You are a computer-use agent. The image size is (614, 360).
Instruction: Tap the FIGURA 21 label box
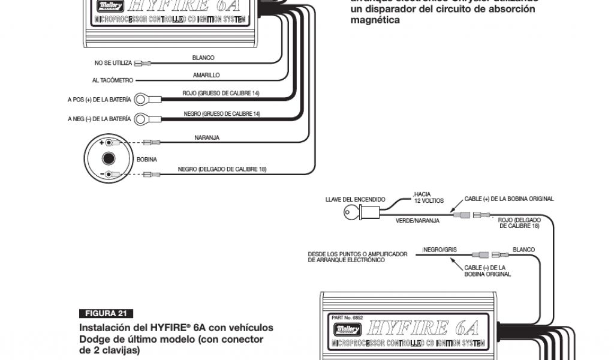[106, 314]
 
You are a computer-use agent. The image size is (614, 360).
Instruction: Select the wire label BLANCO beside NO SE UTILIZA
[203, 58]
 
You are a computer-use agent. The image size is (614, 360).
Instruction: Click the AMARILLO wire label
[206, 76]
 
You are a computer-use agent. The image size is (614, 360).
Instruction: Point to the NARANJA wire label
[207, 137]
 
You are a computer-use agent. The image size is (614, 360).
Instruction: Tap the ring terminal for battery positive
[142, 98]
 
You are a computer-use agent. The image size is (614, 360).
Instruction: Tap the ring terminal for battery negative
[142, 119]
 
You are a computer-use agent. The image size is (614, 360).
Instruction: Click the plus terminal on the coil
[109, 143]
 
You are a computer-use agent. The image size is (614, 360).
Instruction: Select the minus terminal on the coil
[109, 174]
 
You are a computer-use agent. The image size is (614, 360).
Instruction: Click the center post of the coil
[109, 159]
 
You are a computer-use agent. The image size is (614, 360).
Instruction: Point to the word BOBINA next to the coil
[147, 160]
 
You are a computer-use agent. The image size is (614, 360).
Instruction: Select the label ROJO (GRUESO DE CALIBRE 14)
[221, 93]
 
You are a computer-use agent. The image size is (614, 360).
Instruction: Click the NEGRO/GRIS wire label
[437, 248]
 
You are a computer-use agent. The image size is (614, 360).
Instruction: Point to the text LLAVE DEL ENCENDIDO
[355, 199]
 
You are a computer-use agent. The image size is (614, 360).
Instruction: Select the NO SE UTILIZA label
[113, 63]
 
